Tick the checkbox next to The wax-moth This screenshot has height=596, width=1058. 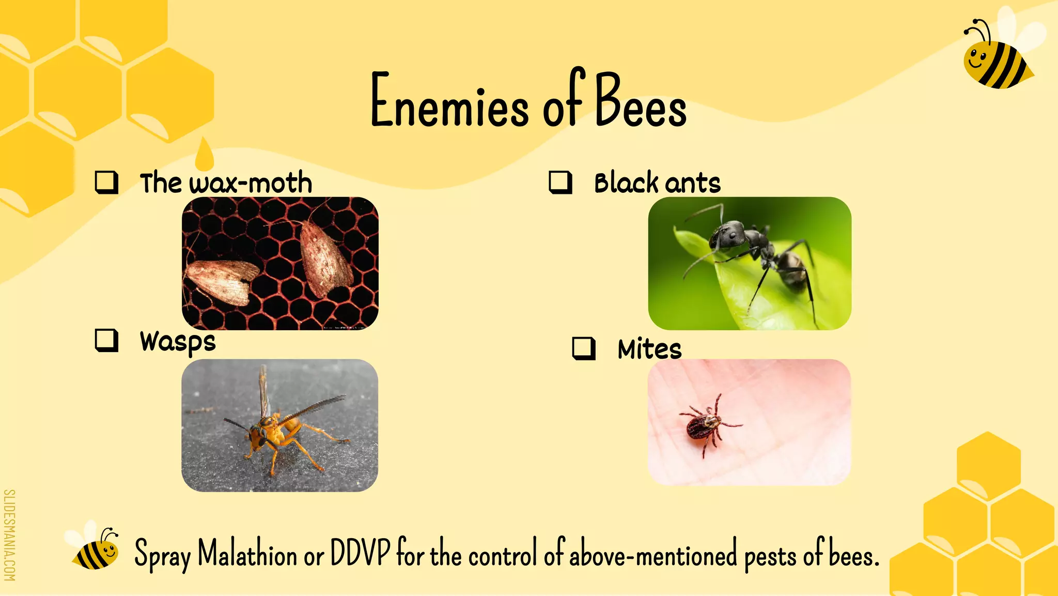tap(106, 182)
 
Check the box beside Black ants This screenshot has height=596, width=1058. tap(560, 182)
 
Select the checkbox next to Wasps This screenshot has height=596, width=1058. tap(106, 341)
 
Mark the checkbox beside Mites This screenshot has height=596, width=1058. tap(584, 348)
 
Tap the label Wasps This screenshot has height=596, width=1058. tap(178, 342)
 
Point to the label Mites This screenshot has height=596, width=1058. tap(649, 349)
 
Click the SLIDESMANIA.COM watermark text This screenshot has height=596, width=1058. tap(9, 535)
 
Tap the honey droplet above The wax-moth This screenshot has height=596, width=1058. tap(205, 155)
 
